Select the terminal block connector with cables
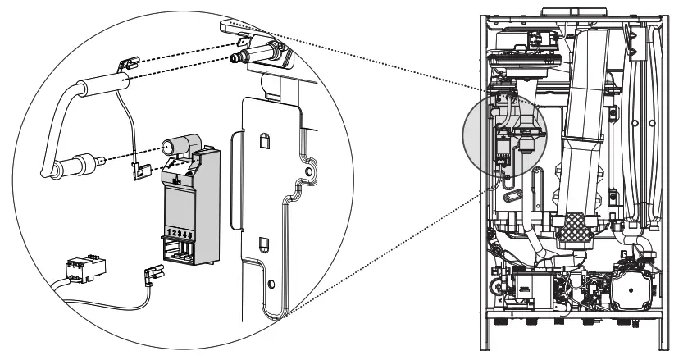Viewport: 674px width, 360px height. (x=80, y=268)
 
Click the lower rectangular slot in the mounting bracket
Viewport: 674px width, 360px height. (x=263, y=244)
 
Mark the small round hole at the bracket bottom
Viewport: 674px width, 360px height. (x=271, y=286)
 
